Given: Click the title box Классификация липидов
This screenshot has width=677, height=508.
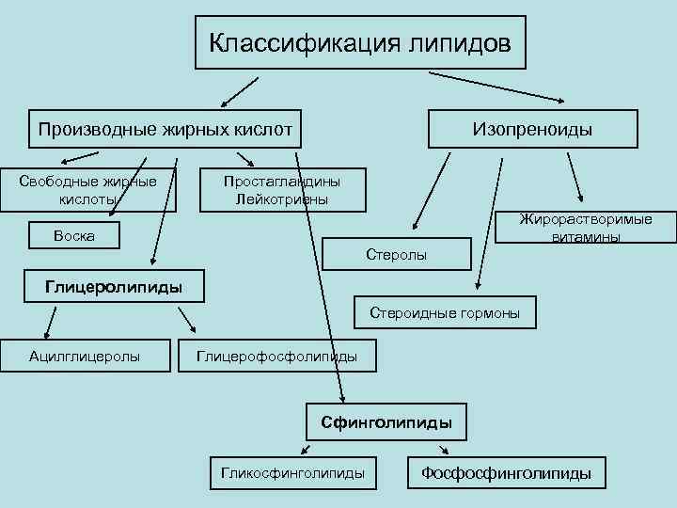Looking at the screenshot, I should point(360,42).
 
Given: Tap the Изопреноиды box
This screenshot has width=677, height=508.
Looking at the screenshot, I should point(532,129).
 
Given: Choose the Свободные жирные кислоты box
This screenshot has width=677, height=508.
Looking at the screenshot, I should point(88,191).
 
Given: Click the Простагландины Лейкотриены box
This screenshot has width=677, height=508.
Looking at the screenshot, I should point(282,191).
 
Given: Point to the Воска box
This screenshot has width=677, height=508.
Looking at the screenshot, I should point(74,235).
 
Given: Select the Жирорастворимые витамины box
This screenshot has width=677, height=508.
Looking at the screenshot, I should point(586,229).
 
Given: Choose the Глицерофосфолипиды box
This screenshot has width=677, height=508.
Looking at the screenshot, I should point(276,356).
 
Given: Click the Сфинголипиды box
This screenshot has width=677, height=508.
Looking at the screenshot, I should point(386,423).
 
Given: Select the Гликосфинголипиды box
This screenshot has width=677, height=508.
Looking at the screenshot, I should point(292,473).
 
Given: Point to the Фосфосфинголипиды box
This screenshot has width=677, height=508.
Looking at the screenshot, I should point(506,473).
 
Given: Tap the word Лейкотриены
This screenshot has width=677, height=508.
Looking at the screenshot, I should point(282,199).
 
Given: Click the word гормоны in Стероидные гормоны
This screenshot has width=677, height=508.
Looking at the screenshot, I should point(485,313).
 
